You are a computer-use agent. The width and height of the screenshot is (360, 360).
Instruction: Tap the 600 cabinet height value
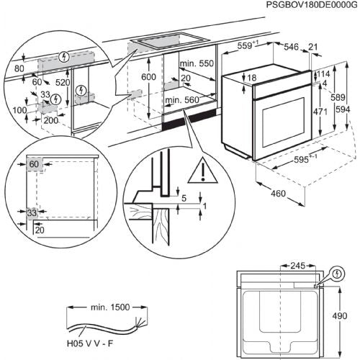[148, 77]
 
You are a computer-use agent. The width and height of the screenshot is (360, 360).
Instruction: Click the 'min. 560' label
[181, 100]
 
